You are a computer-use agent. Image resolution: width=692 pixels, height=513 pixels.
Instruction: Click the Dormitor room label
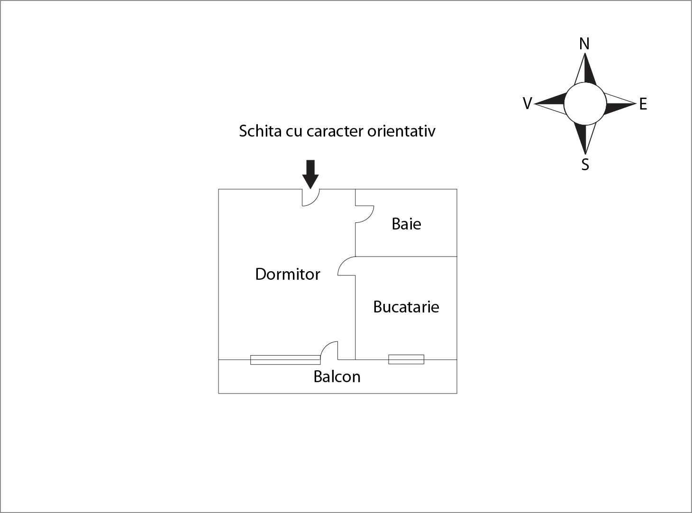pos(288,274)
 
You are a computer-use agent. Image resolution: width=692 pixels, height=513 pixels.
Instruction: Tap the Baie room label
pos(406,224)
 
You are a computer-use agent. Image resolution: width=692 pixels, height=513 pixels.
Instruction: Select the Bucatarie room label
pos(406,307)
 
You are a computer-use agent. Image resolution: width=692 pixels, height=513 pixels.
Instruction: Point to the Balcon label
pos(337,376)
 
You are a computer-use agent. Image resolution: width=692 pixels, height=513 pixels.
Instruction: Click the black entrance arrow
pos(310,174)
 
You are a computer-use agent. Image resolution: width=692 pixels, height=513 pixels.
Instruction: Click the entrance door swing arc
pos(311,197)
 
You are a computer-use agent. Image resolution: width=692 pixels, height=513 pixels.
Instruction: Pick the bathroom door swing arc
pos(364,214)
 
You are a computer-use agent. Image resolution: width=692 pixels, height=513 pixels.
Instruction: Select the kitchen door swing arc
pos(346,266)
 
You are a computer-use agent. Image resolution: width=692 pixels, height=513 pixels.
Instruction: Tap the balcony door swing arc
pos(329,350)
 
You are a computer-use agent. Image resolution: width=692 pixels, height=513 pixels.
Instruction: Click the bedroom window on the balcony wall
pos(285,360)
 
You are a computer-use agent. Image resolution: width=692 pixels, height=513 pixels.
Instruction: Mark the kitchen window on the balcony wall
pos(406,359)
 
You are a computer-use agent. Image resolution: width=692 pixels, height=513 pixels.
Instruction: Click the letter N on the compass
pos(584,44)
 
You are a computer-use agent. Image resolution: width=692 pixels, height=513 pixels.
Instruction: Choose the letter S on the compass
pos(585,165)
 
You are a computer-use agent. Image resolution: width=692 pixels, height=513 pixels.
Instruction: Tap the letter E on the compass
pos(643,104)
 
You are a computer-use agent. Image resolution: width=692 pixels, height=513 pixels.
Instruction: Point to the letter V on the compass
pos(528,103)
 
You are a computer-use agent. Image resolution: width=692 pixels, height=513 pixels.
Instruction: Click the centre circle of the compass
pos(585,104)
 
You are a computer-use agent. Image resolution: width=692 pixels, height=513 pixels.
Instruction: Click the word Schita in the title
pos(260,131)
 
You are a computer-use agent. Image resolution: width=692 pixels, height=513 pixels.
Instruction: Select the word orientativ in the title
pos(401,131)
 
